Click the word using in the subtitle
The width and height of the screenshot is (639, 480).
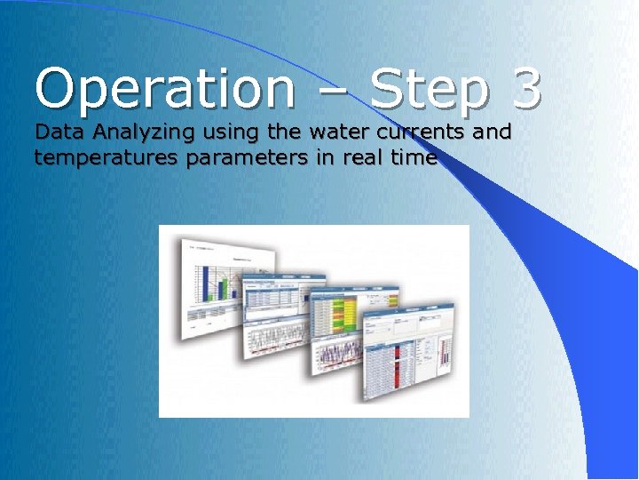(233, 134)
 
